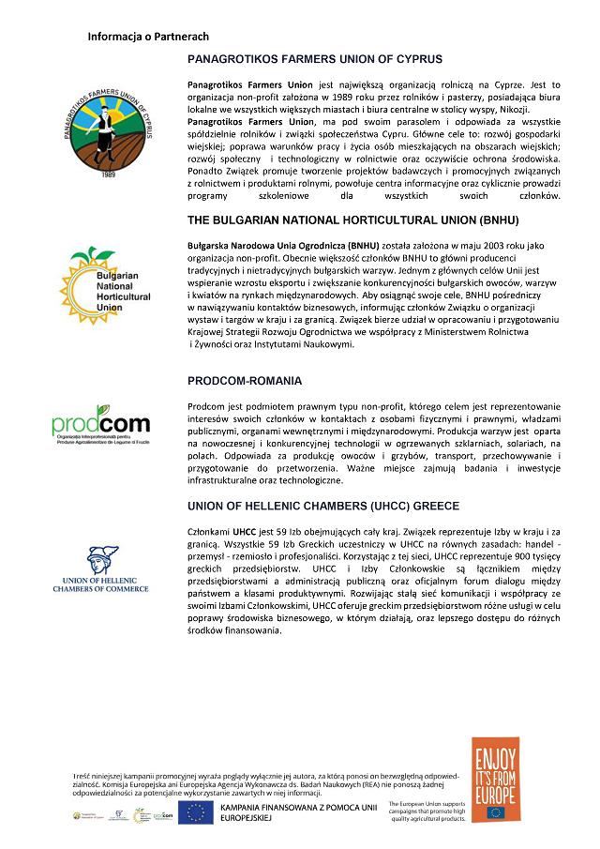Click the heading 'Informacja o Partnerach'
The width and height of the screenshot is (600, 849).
pos(147,36)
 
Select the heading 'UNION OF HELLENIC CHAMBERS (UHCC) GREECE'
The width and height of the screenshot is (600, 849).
pos(322,507)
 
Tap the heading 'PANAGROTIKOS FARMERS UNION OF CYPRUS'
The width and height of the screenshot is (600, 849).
pos(315,59)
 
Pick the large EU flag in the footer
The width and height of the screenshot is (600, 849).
pos(197,813)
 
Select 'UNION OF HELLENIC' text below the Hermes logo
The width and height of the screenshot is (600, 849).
pos(99,582)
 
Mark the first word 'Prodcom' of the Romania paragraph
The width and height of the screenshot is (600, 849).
pos(208,407)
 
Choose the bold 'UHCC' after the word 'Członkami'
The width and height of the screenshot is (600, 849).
pos(246,531)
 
